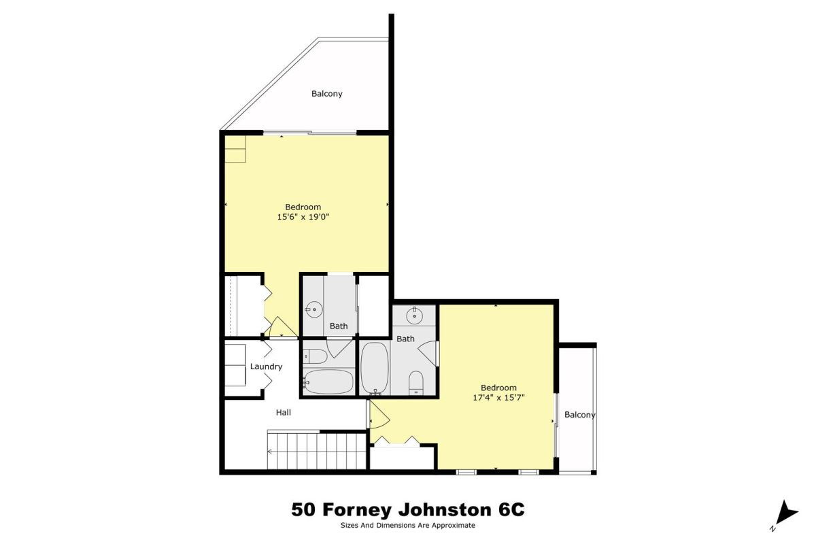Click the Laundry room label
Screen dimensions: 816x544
pos(266,367)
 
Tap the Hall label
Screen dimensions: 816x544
pos(283,413)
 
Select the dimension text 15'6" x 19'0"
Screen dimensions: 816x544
pos(303,217)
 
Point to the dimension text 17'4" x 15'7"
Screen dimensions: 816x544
pos(498,398)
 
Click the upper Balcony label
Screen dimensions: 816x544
pos(327,94)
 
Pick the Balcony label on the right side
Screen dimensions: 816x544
pos(579,415)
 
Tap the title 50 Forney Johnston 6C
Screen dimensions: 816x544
pos(408,509)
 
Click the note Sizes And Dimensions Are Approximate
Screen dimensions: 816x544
pos(407,526)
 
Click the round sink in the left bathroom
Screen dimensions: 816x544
pos(313,311)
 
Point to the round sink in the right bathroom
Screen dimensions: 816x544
pos(414,316)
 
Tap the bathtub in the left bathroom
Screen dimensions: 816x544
pos(328,382)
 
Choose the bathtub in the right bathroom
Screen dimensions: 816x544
pos(375,369)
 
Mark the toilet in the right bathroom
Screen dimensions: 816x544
pos(415,383)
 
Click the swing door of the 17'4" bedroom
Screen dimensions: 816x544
pos(379,414)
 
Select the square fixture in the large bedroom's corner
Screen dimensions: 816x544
pos(235,149)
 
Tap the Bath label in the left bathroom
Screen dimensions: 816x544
pos(339,326)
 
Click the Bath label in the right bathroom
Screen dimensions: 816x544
pos(405,339)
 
